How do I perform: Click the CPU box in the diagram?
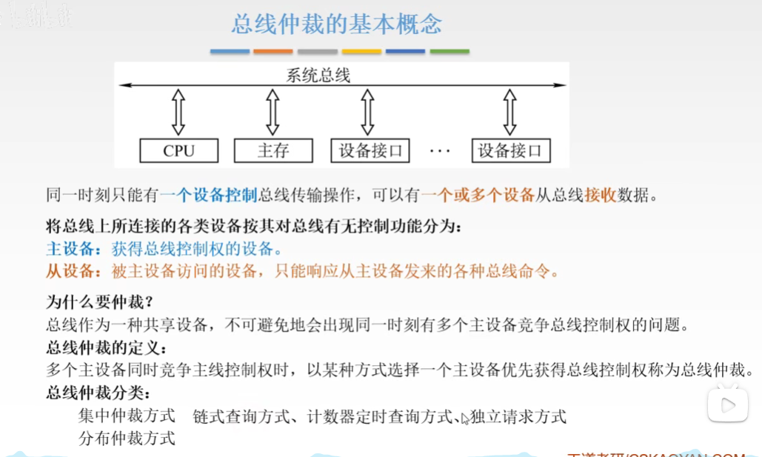[x=179, y=151]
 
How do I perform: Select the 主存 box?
[x=273, y=151]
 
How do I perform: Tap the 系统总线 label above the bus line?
[x=318, y=75]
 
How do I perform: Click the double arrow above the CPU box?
[x=178, y=113]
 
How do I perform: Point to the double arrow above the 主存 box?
[x=273, y=113]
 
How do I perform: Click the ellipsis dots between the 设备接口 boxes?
[x=440, y=152]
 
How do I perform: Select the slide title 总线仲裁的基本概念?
[x=337, y=24]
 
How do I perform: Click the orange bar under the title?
[x=273, y=51]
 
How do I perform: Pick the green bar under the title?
[x=449, y=51]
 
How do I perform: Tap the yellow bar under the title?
[x=361, y=51]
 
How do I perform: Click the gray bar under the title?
[x=318, y=51]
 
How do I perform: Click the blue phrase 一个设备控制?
[x=208, y=196]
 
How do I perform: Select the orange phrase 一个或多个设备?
[x=478, y=196]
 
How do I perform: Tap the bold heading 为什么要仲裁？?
[x=99, y=302]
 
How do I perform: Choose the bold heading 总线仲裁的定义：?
[x=107, y=347]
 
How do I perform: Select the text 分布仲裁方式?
[x=127, y=438]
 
